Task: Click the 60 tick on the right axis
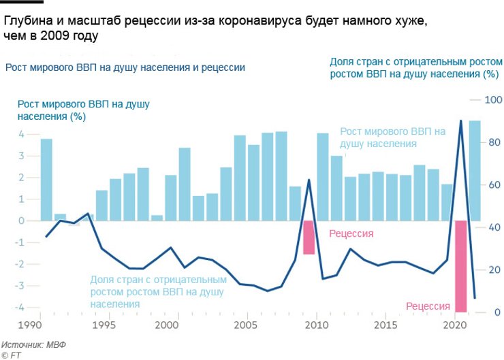tap(492, 185)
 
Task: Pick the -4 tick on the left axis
tap(20, 308)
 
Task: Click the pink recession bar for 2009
tap(309, 237)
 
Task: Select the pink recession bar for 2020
tap(460, 265)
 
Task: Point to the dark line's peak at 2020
tap(460, 121)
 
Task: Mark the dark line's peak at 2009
tap(309, 180)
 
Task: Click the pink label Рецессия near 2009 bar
tap(351, 233)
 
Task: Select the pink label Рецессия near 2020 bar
tap(428, 306)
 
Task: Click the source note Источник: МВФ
tap(33, 344)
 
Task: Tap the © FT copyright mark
tap(12, 355)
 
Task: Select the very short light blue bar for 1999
tap(157, 218)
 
